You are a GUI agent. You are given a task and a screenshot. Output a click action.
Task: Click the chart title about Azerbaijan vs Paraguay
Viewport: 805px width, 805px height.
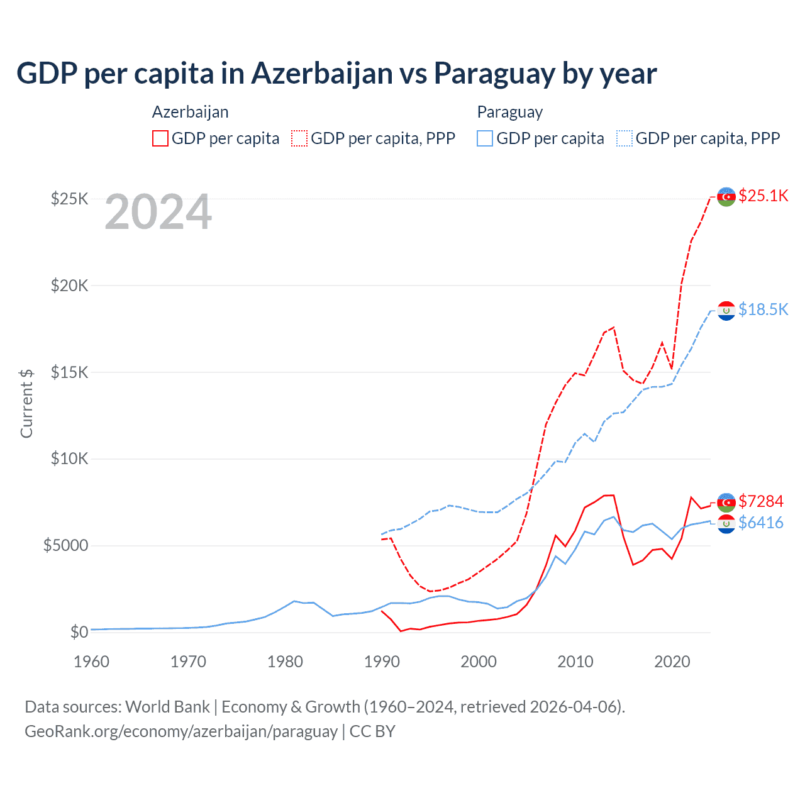[x=336, y=74]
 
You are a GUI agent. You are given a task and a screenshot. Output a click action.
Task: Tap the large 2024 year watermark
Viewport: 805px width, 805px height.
[x=158, y=212]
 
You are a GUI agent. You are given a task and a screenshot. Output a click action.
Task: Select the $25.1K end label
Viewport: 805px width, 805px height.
[x=763, y=196]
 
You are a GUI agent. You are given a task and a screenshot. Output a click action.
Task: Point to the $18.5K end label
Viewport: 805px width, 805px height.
[x=763, y=309]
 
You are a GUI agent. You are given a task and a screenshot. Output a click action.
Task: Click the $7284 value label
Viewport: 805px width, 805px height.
[x=760, y=501]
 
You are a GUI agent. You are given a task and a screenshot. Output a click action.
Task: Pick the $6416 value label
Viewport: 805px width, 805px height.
[x=760, y=523]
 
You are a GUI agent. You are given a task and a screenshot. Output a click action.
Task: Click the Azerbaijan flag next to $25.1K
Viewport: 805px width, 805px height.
[x=726, y=196]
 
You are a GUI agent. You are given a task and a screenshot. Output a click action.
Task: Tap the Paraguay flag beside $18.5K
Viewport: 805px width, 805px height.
[x=726, y=310]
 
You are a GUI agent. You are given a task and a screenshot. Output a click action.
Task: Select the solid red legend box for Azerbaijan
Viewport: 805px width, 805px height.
[x=160, y=138]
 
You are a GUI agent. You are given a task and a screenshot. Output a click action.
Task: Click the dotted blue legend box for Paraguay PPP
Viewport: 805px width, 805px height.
[x=625, y=138]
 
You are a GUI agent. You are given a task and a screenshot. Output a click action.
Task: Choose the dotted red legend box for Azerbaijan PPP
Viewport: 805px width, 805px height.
[x=299, y=138]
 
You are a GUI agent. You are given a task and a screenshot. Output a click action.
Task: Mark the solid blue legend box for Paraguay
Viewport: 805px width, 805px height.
[x=485, y=138]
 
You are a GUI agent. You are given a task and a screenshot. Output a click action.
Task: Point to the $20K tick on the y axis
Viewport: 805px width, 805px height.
[x=70, y=286]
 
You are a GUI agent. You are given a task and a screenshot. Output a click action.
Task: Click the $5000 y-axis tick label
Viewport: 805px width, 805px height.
[x=66, y=545]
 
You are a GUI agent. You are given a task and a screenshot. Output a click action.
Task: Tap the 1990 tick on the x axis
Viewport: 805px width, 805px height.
[x=382, y=662]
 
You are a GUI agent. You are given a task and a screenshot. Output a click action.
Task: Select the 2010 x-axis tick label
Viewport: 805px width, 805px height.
[x=575, y=662]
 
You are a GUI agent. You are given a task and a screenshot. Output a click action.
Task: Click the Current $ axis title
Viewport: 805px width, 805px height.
[x=26, y=403]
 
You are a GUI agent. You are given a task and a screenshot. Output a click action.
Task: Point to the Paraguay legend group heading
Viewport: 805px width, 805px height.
[x=509, y=112]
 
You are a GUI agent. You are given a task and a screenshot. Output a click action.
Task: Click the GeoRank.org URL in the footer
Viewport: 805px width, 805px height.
[x=181, y=731]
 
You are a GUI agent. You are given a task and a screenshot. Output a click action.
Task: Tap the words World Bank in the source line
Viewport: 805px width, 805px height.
[x=167, y=707]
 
